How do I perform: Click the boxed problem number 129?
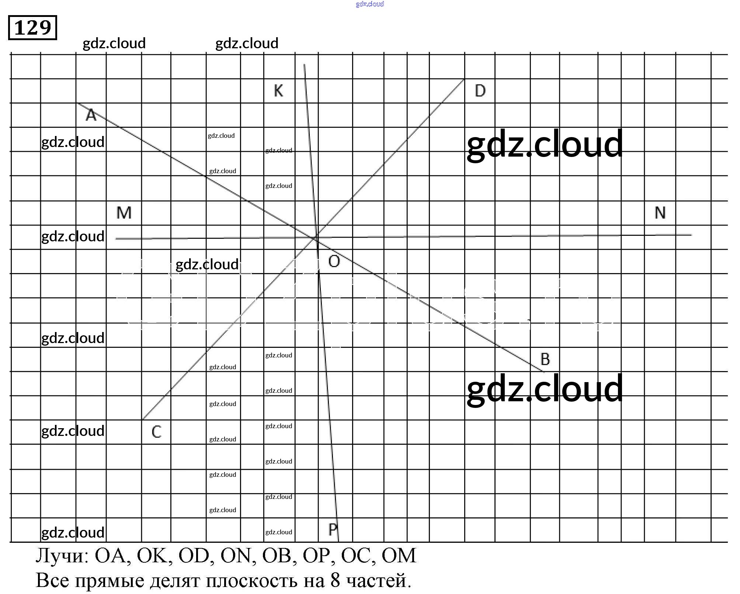[32, 28]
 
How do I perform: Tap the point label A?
[91, 115]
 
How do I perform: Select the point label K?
[278, 91]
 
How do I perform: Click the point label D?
[480, 91]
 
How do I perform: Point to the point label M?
[124, 213]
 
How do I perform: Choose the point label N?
[660, 213]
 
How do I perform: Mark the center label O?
[334, 262]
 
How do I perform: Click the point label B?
[545, 359]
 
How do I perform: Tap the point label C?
[156, 432]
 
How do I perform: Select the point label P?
[333, 530]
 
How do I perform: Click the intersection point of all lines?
[316, 238]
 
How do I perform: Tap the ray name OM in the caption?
[399, 556]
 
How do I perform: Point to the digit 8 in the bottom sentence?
[335, 581]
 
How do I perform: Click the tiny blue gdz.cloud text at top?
[370, 4]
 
